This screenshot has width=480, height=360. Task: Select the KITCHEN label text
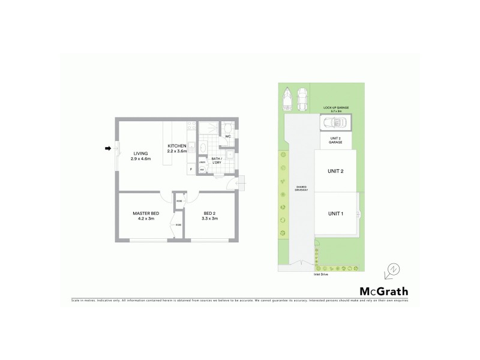pyautogui.click(x=177, y=146)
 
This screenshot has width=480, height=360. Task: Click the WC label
pyautogui.click(x=228, y=137)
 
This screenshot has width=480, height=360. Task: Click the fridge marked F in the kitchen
pyautogui.click(x=191, y=170)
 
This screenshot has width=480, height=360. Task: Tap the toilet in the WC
pyautogui.click(x=228, y=128)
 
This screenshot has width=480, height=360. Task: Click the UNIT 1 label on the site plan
pyautogui.click(x=335, y=214)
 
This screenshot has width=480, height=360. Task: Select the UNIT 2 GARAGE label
pyautogui.click(x=335, y=140)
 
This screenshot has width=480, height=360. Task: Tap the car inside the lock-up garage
pyautogui.click(x=335, y=122)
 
